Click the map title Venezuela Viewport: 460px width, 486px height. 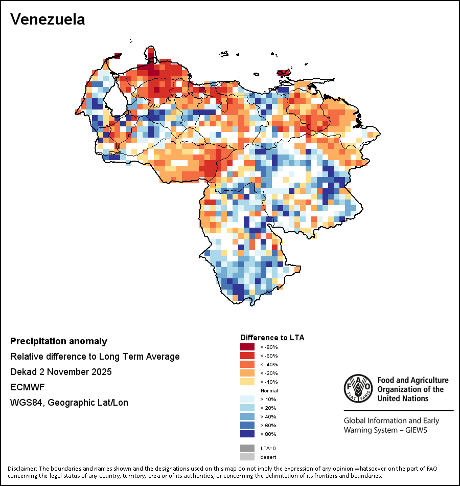(x=48, y=19)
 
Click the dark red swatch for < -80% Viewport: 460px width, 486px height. (x=247, y=347)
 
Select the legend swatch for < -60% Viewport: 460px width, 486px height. (x=247, y=356)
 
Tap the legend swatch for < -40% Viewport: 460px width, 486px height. (x=247, y=364)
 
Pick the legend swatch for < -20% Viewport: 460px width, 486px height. (x=247, y=373)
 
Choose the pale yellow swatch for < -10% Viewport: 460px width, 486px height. (x=247, y=382)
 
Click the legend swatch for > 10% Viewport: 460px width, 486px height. (x=247, y=399)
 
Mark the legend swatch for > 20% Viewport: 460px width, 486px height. (x=247, y=408)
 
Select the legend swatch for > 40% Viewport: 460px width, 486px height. (x=247, y=416)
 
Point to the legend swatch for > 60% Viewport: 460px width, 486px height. (x=247, y=425)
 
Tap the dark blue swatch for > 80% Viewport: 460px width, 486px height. (x=247, y=434)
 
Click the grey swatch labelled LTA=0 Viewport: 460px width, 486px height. (x=247, y=448)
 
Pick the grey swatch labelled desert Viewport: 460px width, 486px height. (x=247, y=457)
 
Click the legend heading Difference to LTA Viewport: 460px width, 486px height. (x=272, y=338)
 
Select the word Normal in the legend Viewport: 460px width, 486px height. (x=269, y=390)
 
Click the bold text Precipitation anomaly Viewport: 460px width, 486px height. (x=59, y=341)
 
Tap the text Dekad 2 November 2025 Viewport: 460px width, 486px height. (x=61, y=372)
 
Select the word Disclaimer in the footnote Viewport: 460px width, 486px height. (x=21, y=469)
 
